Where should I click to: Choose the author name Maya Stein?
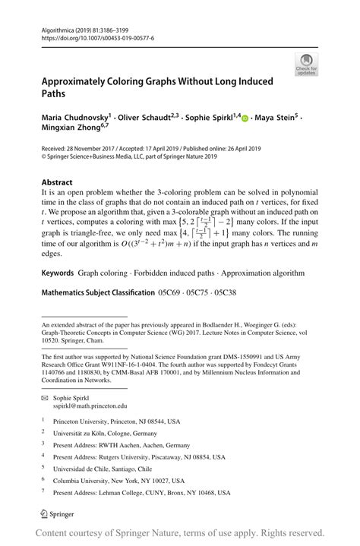coord(276,119)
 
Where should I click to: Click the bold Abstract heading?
coord(57,182)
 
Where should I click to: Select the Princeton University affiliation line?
coord(118,420)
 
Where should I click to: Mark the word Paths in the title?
coord(56,93)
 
